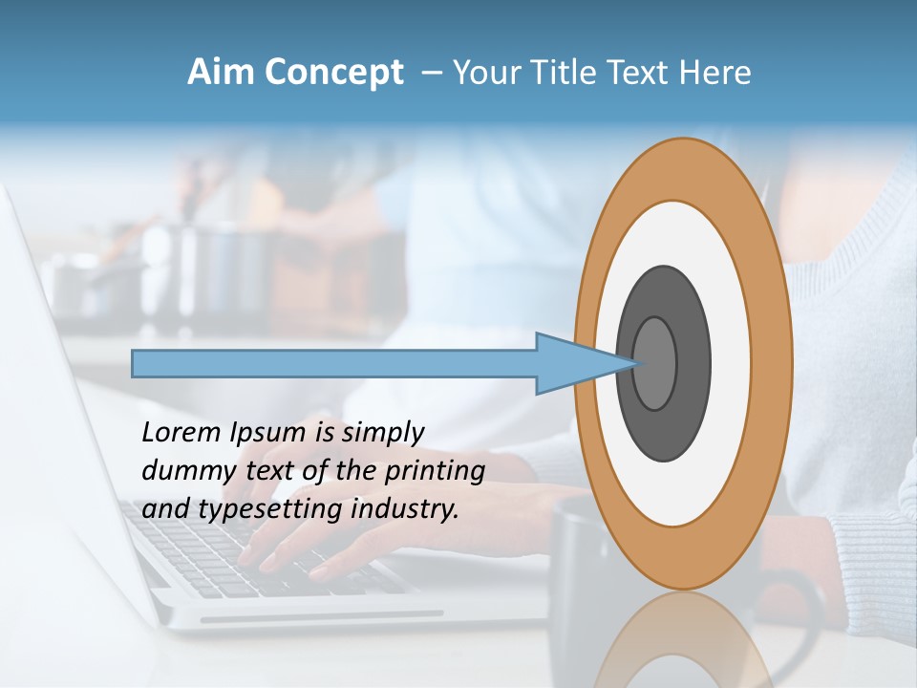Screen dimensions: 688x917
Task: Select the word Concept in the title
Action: click(333, 73)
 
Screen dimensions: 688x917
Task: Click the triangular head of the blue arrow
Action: click(573, 363)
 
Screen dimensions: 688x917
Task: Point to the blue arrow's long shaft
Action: click(334, 363)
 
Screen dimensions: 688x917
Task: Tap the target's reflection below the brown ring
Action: click(683, 640)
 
